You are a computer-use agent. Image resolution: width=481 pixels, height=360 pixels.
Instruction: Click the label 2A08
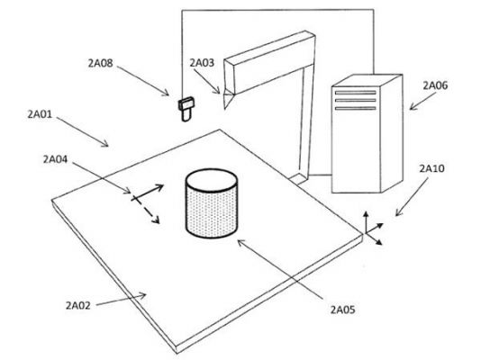click(100, 63)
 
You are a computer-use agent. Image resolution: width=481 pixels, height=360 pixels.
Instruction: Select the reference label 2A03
click(202, 63)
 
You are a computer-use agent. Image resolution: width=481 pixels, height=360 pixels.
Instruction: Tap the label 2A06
click(435, 85)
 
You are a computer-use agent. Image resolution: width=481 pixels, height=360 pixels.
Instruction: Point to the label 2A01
click(40, 114)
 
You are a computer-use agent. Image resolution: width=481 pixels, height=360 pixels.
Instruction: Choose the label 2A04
click(55, 159)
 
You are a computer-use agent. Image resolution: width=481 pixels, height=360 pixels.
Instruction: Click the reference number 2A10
click(432, 168)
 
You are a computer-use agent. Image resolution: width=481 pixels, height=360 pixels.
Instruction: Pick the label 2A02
click(78, 305)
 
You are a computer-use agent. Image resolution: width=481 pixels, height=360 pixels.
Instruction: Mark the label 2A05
click(342, 310)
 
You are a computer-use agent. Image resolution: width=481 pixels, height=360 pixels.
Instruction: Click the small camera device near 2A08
click(186, 109)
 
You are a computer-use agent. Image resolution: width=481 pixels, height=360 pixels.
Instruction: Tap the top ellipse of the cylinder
click(212, 180)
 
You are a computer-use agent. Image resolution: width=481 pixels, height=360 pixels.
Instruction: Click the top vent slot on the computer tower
click(356, 93)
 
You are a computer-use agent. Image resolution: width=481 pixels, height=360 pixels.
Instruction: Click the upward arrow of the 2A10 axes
click(366, 221)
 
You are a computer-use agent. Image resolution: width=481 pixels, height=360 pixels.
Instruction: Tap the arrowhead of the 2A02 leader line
click(142, 296)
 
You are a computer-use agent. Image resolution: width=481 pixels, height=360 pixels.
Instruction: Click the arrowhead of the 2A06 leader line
click(413, 107)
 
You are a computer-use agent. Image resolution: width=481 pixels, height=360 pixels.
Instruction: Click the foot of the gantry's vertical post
click(298, 178)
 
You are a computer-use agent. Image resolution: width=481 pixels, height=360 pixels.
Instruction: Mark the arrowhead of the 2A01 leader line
click(104, 143)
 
